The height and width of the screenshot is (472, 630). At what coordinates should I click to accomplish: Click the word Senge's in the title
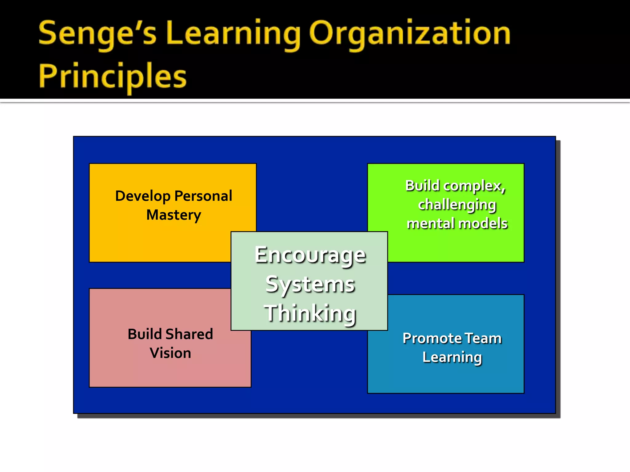[x=97, y=33]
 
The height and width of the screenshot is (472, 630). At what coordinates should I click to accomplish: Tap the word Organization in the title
[x=410, y=33]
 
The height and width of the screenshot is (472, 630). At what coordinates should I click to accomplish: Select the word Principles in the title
[x=113, y=76]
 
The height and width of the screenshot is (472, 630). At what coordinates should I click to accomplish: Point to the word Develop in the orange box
[x=143, y=196]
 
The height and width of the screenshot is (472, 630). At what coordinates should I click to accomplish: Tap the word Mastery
[x=174, y=215]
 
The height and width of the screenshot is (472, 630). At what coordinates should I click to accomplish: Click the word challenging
[x=457, y=205]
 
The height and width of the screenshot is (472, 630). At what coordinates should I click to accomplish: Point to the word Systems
[x=310, y=285]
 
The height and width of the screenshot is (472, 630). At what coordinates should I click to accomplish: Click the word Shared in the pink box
[x=189, y=334]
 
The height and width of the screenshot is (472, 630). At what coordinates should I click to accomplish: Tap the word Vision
[x=170, y=353]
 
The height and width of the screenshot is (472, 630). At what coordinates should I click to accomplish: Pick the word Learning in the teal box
[x=452, y=357]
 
